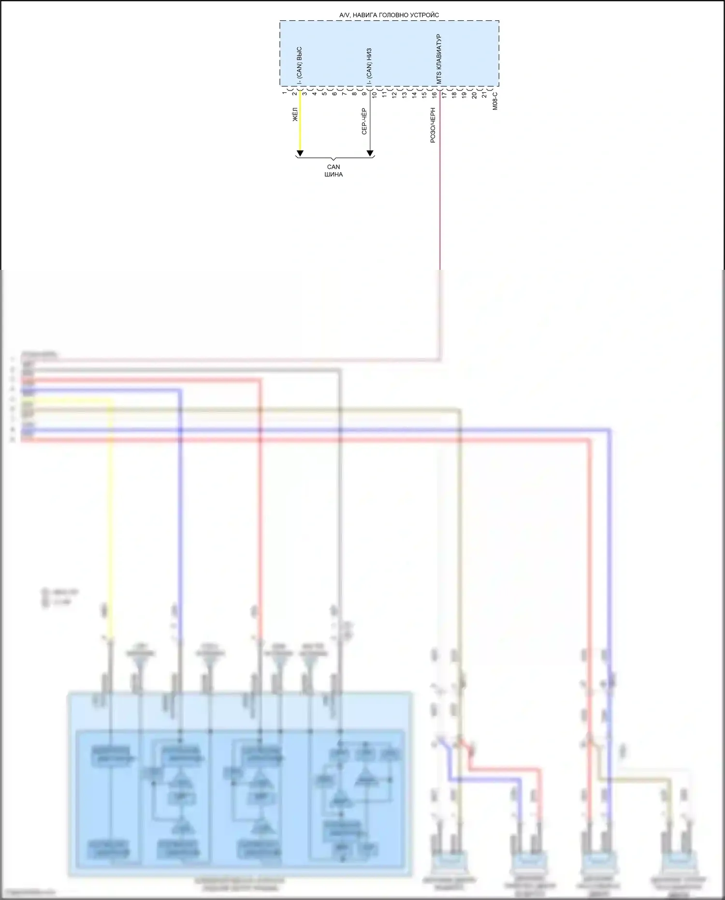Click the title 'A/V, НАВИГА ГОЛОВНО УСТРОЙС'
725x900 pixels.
click(389, 15)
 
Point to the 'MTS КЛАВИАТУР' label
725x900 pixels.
click(439, 59)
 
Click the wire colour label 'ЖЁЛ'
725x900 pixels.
click(295, 114)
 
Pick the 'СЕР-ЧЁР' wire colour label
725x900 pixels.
click(364, 121)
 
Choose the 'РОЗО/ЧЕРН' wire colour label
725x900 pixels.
click(433, 125)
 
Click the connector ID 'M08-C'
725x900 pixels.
click(495, 101)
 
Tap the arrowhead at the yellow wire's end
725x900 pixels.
click(300, 153)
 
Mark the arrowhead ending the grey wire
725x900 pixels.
click(370, 153)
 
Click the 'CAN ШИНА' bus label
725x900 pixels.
click(333, 171)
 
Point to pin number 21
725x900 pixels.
click(485, 94)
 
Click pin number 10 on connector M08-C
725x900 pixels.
click(375, 94)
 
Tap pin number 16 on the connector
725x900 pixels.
click(435, 94)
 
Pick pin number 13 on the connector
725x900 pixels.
click(405, 94)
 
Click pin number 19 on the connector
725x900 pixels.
click(464, 94)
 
